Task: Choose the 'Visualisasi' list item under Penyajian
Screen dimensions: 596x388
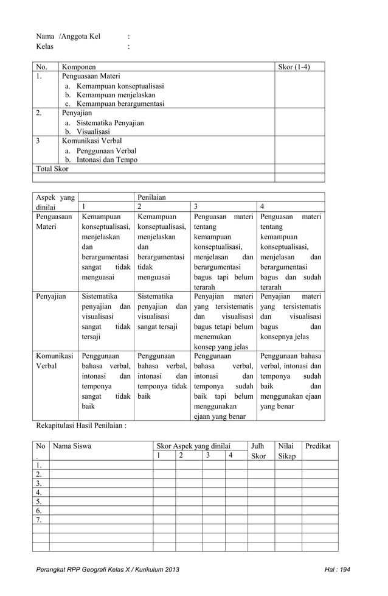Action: click(x=93, y=131)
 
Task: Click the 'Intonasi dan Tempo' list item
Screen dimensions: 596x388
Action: click(x=106, y=160)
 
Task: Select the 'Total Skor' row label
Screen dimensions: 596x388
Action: click(x=52, y=169)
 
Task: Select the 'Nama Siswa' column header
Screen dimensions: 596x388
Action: click(x=72, y=446)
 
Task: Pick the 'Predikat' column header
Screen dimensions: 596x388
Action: click(x=318, y=446)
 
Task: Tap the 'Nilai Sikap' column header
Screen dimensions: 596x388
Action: click(x=286, y=451)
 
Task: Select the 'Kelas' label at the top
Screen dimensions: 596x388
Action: click(x=44, y=46)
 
